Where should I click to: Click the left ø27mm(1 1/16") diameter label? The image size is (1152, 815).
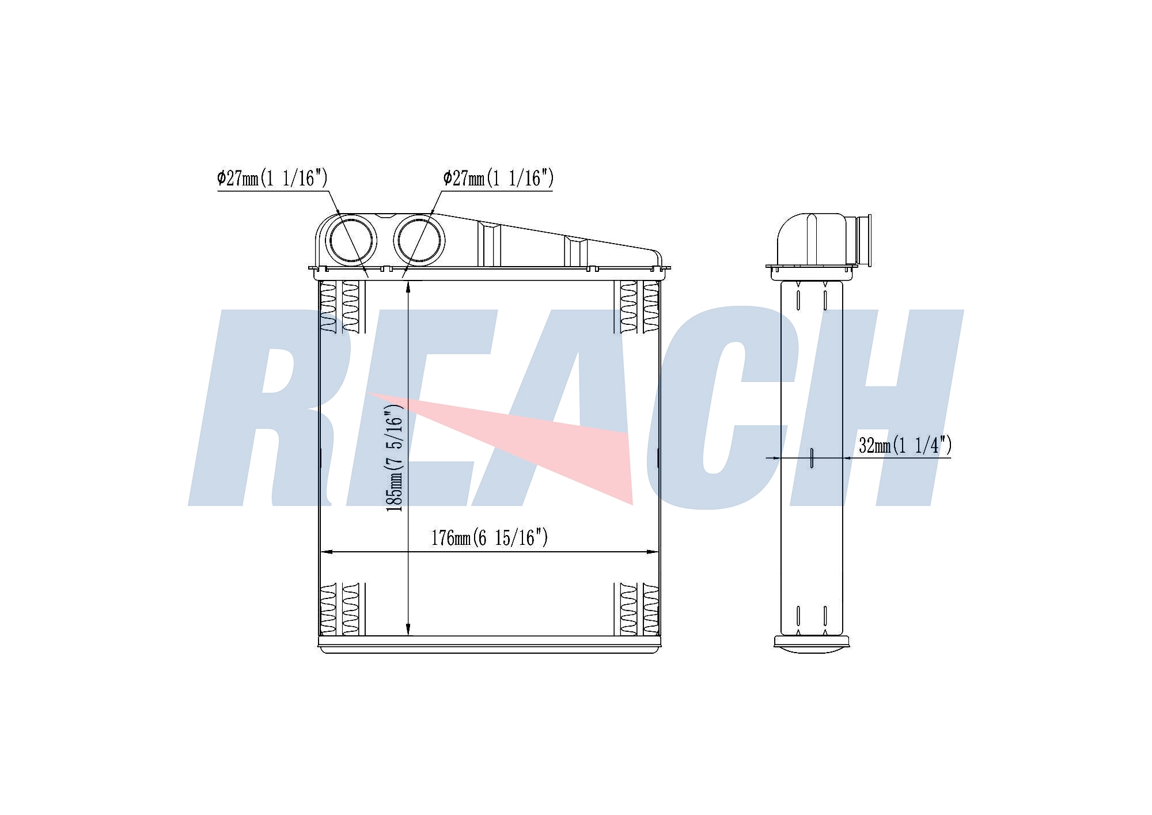(272, 178)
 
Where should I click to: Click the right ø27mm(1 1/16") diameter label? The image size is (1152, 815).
(498, 178)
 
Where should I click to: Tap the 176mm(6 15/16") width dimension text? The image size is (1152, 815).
(490, 538)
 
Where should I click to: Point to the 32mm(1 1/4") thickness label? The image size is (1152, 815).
(905, 445)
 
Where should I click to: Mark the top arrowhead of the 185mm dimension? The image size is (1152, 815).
(408, 286)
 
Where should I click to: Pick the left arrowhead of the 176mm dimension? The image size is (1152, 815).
(326, 552)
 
